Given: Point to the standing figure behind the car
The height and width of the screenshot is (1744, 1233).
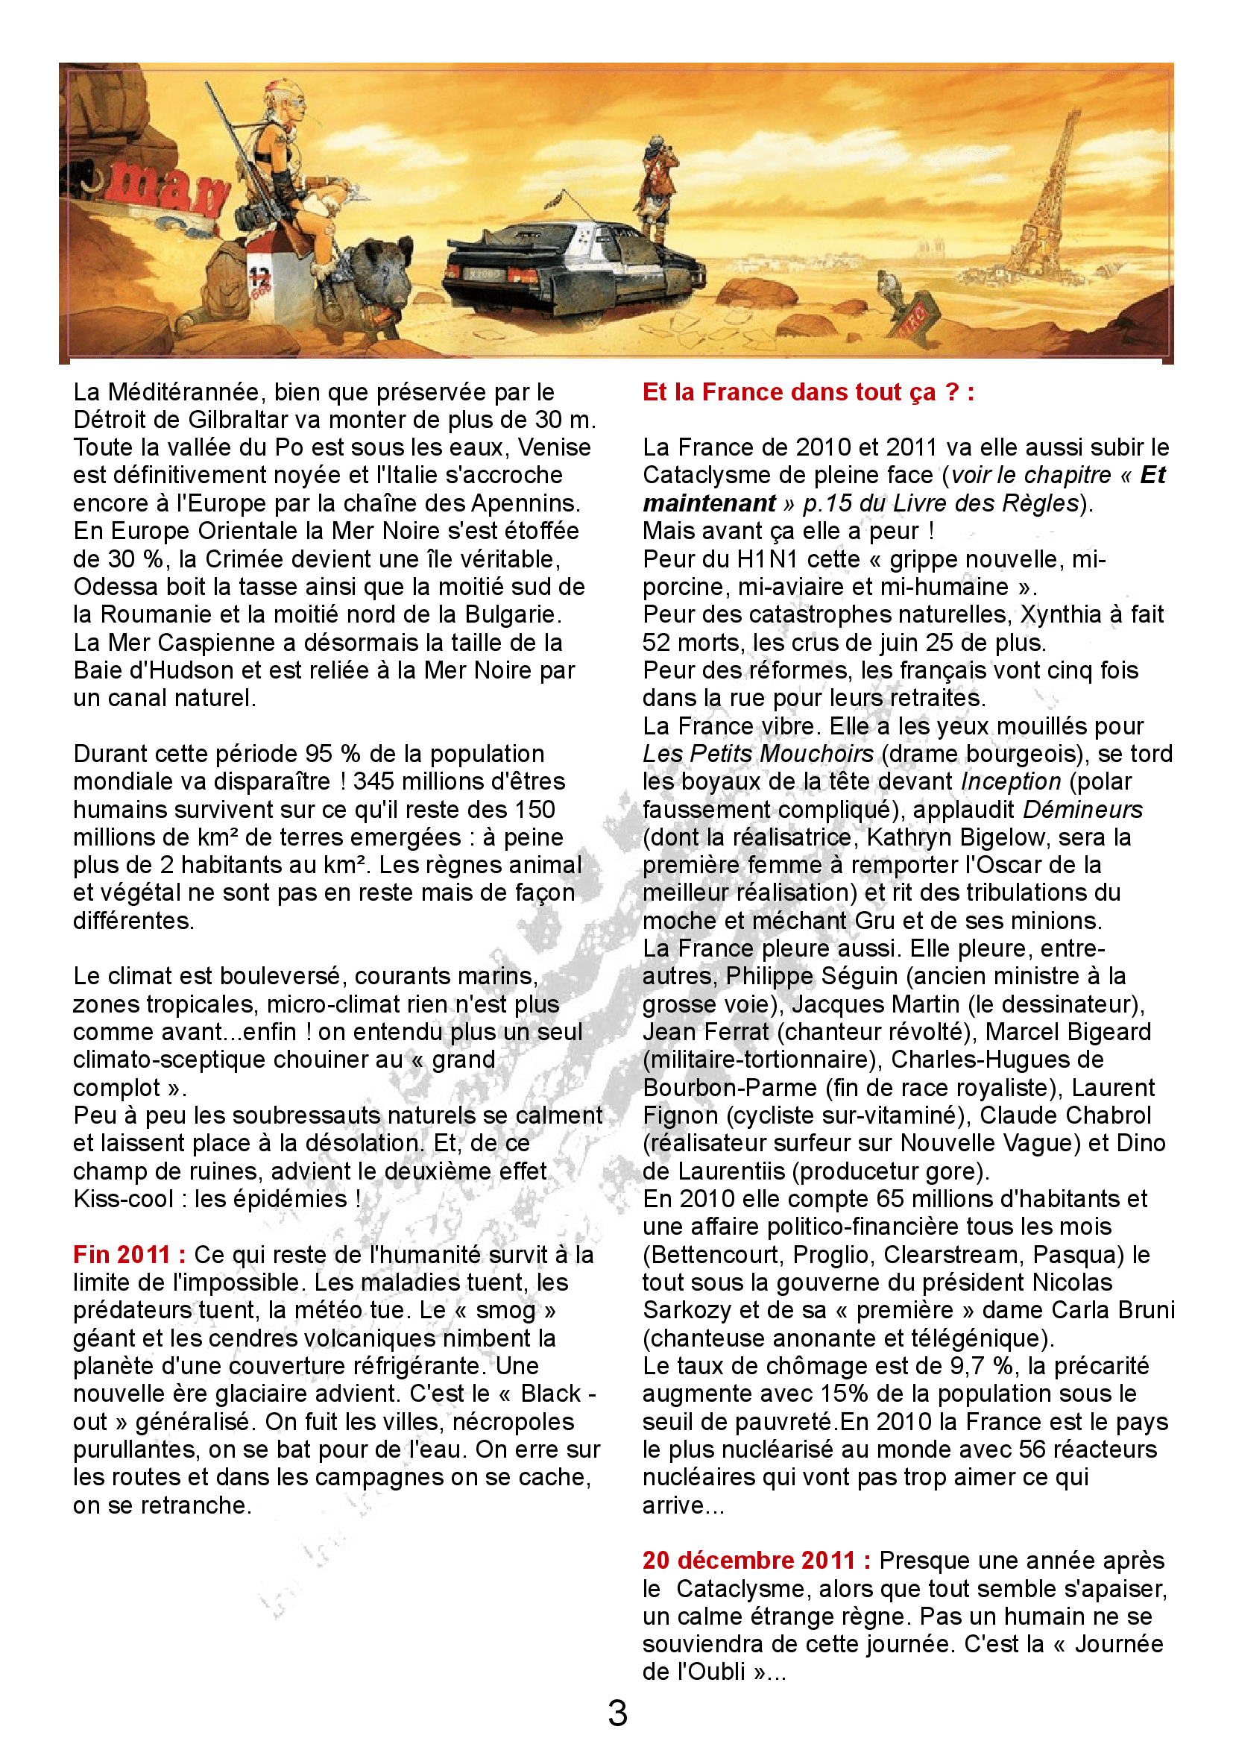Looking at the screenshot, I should click(x=655, y=186).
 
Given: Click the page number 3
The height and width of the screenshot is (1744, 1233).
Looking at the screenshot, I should click(x=617, y=1713).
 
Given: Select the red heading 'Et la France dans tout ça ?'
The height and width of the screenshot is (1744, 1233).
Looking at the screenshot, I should click(x=808, y=392).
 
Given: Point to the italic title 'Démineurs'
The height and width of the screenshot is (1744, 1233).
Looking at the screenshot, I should click(x=1082, y=810).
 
